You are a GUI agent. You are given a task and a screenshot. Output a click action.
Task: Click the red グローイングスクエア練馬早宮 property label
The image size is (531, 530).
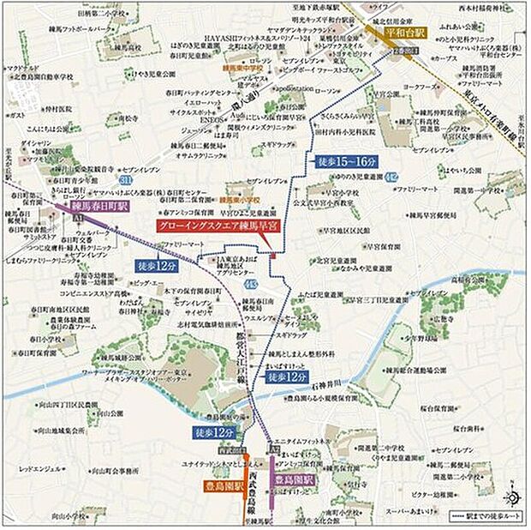(x=218, y=226)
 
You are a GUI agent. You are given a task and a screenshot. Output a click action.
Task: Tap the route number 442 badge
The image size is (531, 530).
(x=391, y=177)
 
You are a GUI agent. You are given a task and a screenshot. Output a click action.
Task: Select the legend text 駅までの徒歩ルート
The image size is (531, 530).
(x=487, y=517)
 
